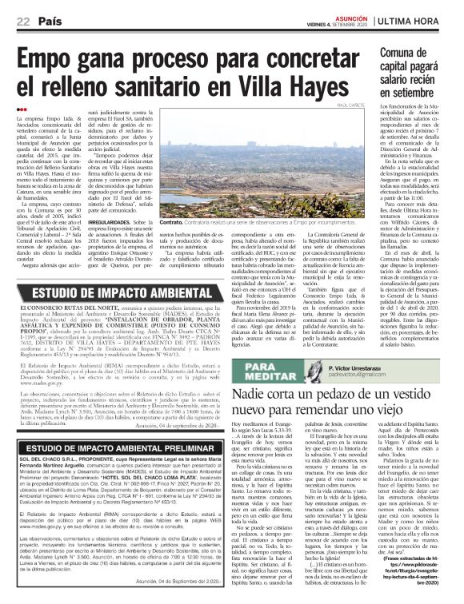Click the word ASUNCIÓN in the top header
point(354,16)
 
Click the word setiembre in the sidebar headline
point(407,98)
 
